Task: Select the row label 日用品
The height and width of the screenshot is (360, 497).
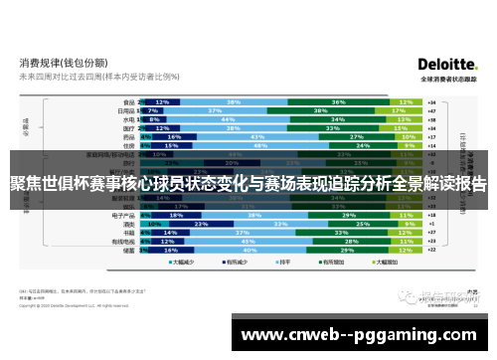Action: coord(127,110)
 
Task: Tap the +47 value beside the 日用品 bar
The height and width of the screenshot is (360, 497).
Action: coord(430,110)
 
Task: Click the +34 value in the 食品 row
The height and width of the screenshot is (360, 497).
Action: coord(430,101)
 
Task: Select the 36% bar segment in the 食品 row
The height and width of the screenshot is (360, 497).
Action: coord(339,101)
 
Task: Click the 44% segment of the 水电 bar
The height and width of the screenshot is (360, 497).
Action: coord(243,119)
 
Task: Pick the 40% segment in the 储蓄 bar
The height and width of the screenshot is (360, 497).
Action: coord(248,251)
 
